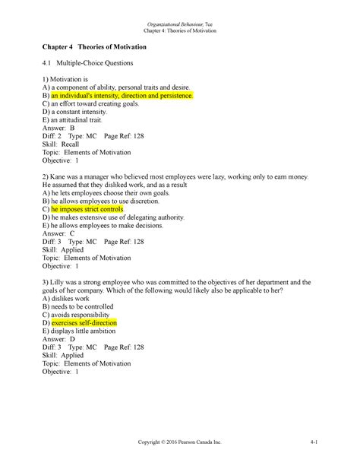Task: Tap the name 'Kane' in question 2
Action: [59, 176]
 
